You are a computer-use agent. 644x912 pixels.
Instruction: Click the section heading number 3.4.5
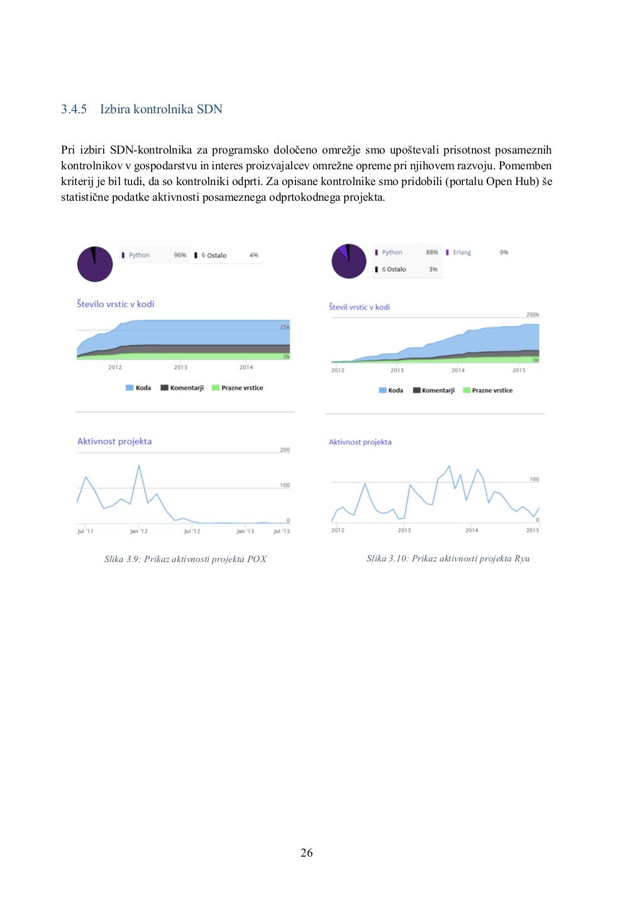click(x=74, y=110)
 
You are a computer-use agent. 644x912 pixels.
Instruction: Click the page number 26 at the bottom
click(x=306, y=853)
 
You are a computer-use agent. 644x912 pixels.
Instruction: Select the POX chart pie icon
click(x=95, y=264)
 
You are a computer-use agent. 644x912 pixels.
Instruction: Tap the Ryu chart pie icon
click(x=348, y=261)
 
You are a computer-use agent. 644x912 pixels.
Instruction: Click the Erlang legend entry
click(x=462, y=252)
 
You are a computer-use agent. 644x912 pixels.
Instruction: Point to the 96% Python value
click(x=180, y=255)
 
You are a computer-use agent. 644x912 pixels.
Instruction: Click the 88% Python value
click(x=431, y=252)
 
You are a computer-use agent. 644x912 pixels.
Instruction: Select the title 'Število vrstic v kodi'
click(x=115, y=304)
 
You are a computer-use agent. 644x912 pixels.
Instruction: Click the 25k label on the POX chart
click(x=284, y=327)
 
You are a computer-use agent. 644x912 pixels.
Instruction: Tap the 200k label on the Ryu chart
click(x=533, y=315)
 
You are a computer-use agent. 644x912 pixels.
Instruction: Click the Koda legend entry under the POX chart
click(x=139, y=388)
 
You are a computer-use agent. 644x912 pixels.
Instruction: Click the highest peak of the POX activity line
click(x=139, y=466)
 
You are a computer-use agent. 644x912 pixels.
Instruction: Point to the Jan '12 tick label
click(x=138, y=531)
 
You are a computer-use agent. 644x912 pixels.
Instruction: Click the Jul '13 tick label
click(x=281, y=531)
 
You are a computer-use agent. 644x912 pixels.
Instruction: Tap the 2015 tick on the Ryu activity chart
click(x=532, y=530)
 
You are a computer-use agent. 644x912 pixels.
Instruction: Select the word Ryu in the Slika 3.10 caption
click(x=522, y=558)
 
